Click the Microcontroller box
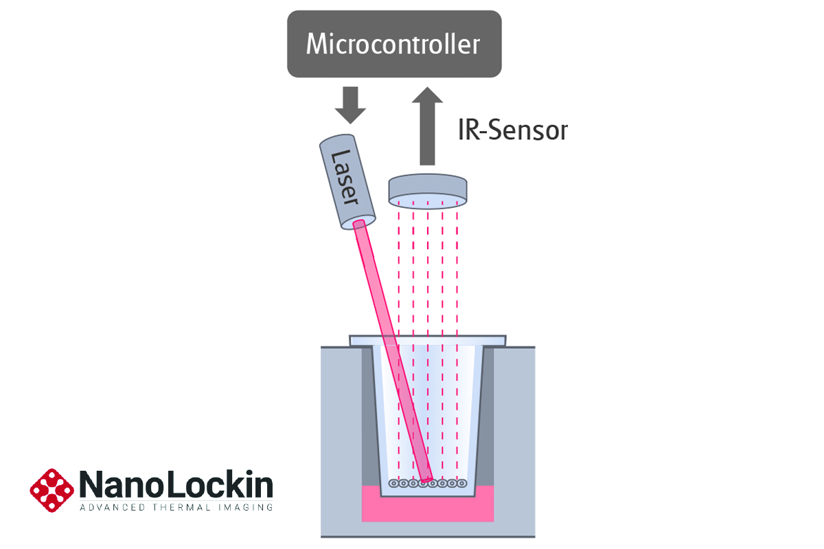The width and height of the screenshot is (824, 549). pyautogui.click(x=393, y=44)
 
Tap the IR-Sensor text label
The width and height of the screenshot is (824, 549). pyautogui.click(x=512, y=130)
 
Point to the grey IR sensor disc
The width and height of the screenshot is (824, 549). pyautogui.click(x=428, y=189)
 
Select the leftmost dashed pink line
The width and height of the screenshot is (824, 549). pyautogui.click(x=399, y=274)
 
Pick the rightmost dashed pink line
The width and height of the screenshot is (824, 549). pyautogui.click(x=457, y=274)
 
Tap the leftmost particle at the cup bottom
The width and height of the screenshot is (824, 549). pyautogui.click(x=393, y=483)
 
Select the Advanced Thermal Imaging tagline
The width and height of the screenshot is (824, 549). pyautogui.click(x=176, y=508)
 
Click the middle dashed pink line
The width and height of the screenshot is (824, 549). pyautogui.click(x=428, y=274)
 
